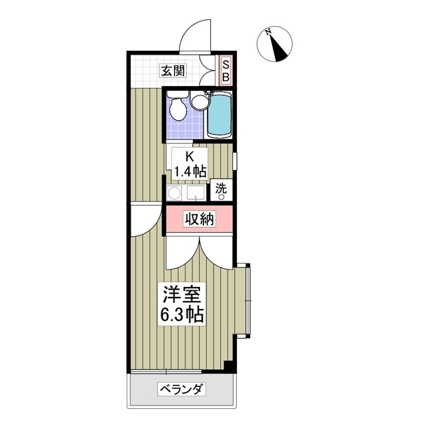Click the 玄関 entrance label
(x=172, y=70)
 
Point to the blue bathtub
(x=218, y=114)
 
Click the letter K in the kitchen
(x=189, y=157)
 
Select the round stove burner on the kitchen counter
(x=175, y=193)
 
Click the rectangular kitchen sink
(x=195, y=193)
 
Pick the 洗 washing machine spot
(x=221, y=189)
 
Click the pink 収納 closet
(x=199, y=219)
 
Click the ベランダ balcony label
(x=180, y=390)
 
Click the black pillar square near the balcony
(x=229, y=366)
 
